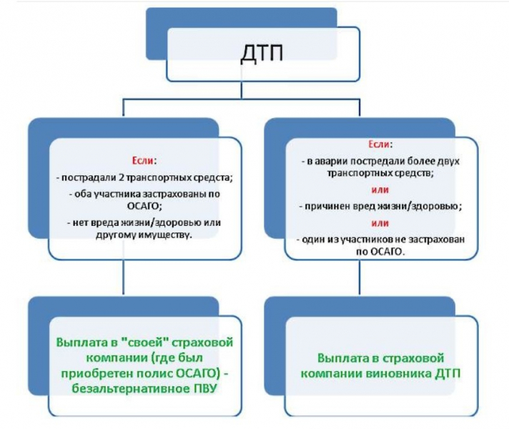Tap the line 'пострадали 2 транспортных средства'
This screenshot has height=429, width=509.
(x=144, y=175)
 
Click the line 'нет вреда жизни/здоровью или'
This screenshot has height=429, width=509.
(x=144, y=222)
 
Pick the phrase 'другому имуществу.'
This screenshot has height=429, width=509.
(x=144, y=235)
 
